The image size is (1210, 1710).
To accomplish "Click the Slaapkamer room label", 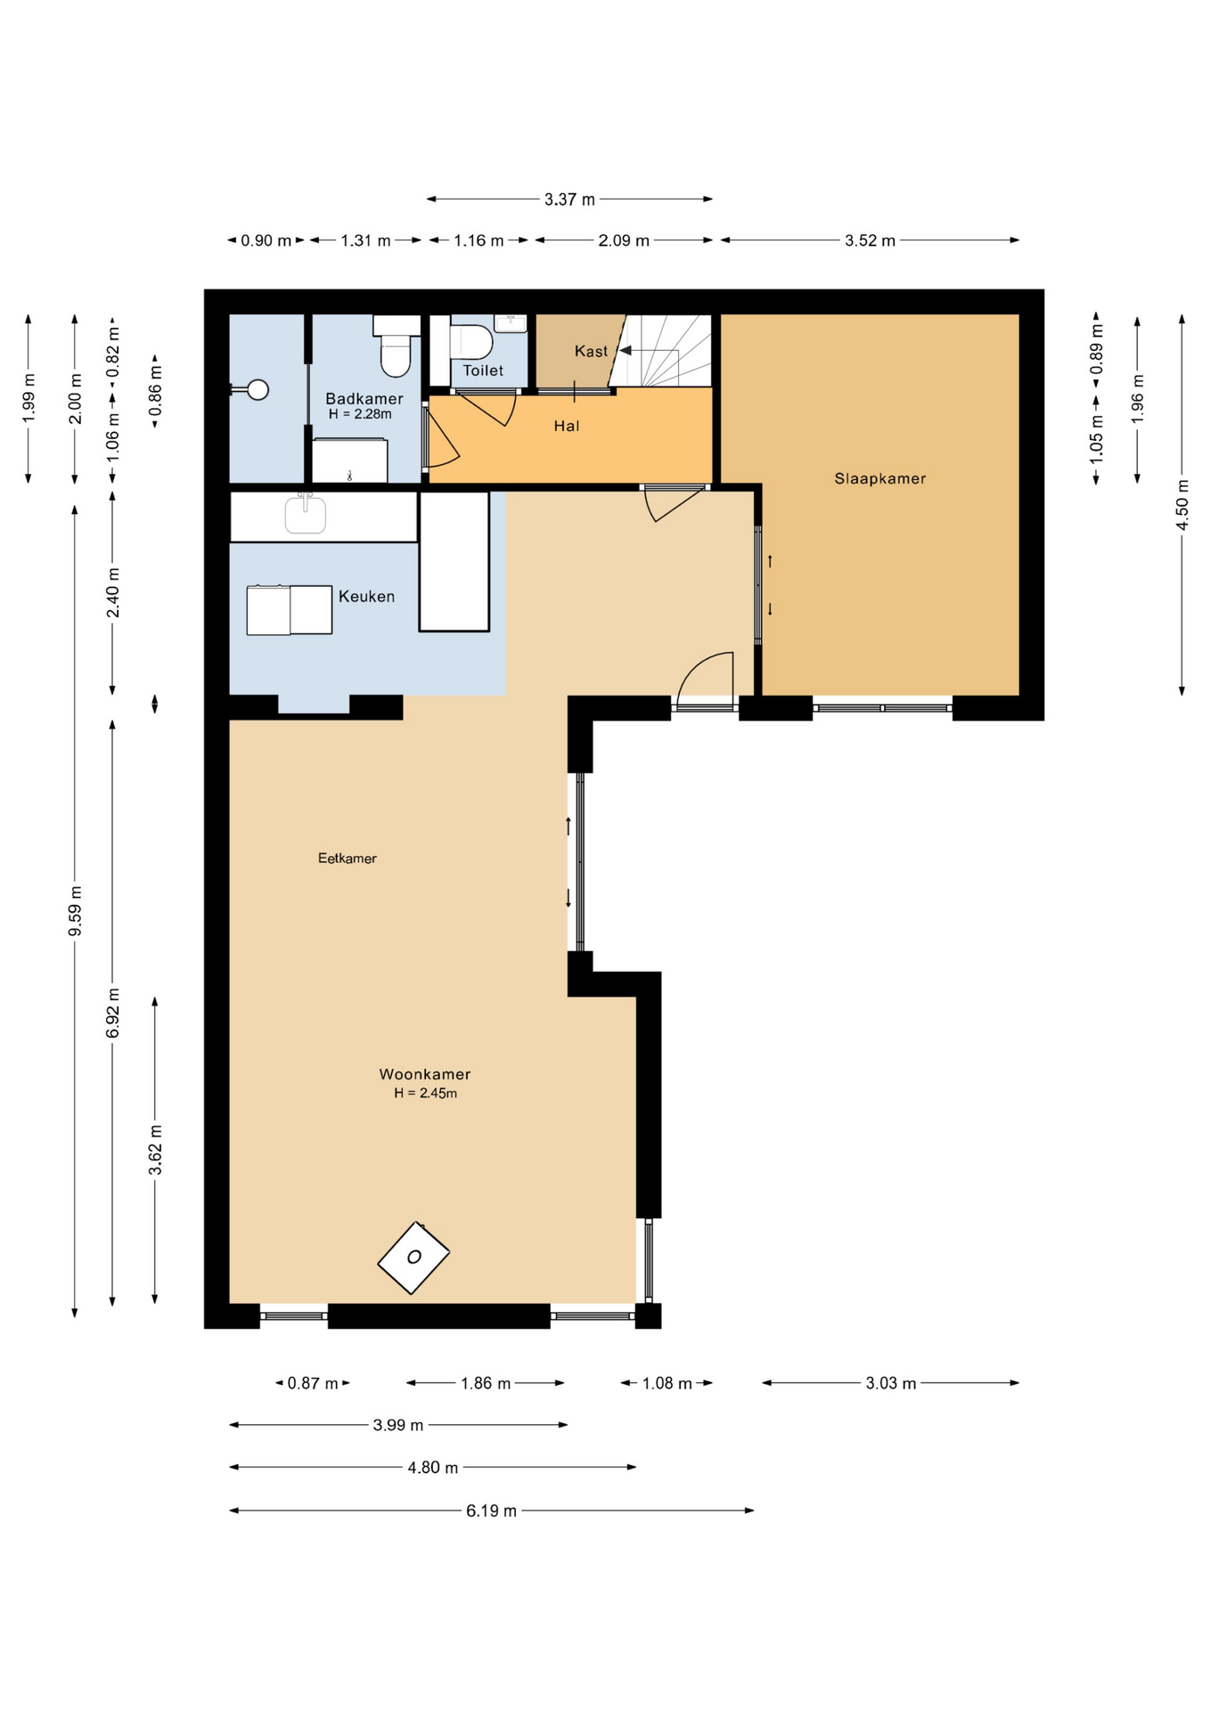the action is point(879,478).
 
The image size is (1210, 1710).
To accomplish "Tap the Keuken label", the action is point(366,597).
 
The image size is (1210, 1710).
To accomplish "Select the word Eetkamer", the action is point(347,859).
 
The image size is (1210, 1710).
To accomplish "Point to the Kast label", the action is point(591,351).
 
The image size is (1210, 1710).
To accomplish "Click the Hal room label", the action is point(567,426).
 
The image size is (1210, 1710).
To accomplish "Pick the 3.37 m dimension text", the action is point(569,199).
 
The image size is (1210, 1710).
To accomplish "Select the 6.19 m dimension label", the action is point(491,1510).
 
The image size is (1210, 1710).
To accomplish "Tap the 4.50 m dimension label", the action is point(1182,504).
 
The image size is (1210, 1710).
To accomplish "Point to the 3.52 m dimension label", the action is point(870,240).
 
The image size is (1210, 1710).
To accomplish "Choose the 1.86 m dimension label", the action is point(486,1383).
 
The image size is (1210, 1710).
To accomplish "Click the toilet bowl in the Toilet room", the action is point(471,342).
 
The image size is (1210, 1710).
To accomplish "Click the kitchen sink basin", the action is point(306,515).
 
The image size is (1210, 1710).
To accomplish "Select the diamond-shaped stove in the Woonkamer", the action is point(413,1258).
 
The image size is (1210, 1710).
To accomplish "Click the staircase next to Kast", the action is point(664,351).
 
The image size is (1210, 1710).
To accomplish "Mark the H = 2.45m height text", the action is point(426,1094).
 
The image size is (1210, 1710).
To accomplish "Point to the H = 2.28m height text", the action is point(360,414).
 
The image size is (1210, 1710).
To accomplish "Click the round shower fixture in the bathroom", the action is point(258,389).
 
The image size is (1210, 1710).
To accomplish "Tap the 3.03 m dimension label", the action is point(891,1383).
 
